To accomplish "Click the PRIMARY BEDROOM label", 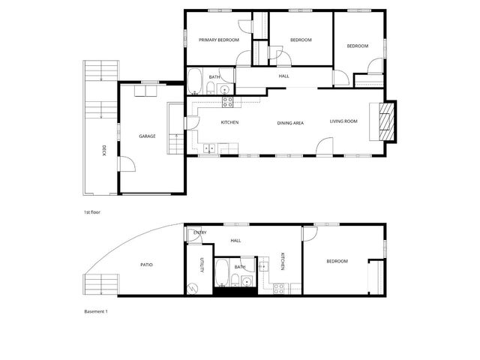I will (x=218, y=40).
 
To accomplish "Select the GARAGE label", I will (x=147, y=136).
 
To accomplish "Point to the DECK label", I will (x=103, y=151).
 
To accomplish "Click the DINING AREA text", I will (x=290, y=122).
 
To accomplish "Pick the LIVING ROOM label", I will (x=343, y=121).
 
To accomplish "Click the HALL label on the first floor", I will (x=283, y=76).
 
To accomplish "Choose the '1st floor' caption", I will (x=91, y=212).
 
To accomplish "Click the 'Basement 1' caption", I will (x=96, y=310).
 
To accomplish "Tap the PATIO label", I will (x=147, y=264).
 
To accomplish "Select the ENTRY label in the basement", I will (x=199, y=232).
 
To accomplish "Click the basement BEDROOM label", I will (x=337, y=261).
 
